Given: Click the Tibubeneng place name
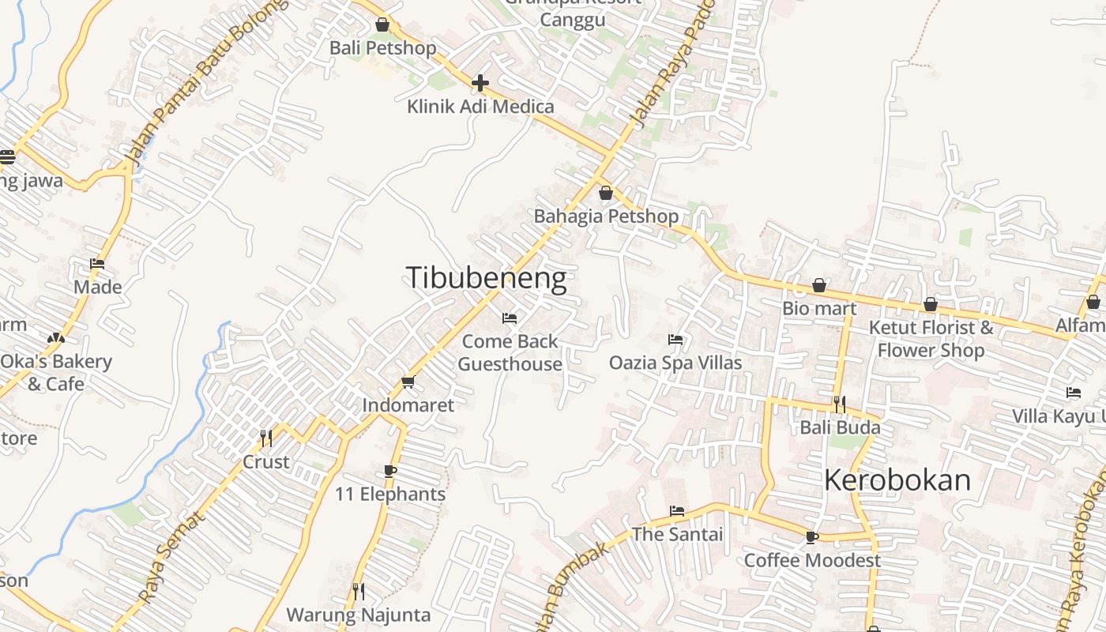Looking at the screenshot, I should [486, 279].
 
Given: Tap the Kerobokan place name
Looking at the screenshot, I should [897, 480].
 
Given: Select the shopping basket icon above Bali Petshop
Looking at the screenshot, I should [382, 25].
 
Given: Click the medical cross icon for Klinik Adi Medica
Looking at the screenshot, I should [480, 83].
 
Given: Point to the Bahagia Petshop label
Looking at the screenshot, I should [606, 216].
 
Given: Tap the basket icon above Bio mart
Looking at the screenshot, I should [819, 285].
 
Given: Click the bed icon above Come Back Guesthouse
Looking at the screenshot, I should [510, 318].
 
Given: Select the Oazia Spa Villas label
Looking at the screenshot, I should [675, 363].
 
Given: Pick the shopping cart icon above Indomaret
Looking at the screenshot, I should [408, 382].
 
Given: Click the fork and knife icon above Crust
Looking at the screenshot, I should [266, 438].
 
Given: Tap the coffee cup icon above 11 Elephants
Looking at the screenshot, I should [389, 472].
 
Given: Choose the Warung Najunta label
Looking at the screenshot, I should [359, 615].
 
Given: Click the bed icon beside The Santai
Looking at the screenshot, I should [677, 511].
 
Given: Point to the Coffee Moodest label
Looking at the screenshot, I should [812, 560].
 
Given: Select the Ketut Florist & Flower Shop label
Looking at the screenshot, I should [931, 339].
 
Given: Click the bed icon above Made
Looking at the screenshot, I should [97, 264].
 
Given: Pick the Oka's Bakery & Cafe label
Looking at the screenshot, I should [55, 373].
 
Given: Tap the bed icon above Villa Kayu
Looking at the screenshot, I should [1074, 393].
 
